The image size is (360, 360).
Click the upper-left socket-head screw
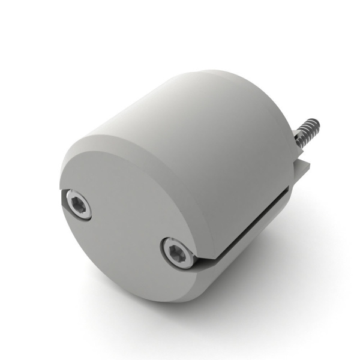pos(79,206)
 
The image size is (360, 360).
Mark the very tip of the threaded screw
pos(317,124)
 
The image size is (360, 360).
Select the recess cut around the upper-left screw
pos(67,201)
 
